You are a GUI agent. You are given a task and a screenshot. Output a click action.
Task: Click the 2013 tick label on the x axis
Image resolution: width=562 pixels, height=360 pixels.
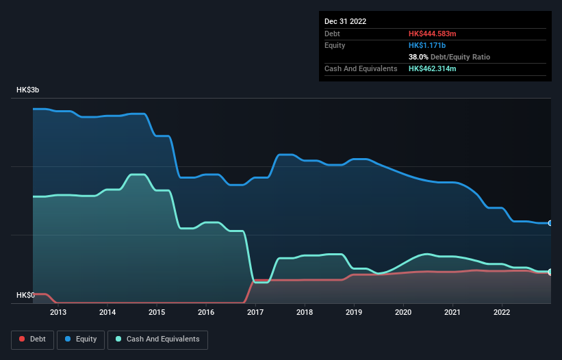(58, 313)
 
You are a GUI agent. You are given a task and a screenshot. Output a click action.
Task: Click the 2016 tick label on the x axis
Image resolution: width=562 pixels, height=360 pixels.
(206, 313)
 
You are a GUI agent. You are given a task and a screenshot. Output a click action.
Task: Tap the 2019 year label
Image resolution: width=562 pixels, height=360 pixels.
(354, 313)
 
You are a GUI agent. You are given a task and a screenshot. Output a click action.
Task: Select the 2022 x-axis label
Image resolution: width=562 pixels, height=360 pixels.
(502, 313)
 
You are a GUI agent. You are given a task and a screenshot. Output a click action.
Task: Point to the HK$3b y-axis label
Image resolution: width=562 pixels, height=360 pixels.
(29, 90)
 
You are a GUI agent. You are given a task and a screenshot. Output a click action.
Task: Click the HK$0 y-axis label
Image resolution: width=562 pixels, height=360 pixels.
(25, 295)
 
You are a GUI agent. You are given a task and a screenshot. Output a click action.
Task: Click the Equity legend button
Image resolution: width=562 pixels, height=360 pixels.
(81, 339)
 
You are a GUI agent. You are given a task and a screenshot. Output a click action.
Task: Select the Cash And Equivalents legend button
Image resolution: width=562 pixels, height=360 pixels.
(157, 339)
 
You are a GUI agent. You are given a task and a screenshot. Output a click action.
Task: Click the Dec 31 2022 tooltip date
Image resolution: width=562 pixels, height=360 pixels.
(346, 21)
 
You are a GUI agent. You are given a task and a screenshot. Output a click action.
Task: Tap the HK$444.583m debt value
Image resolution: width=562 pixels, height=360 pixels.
(433, 34)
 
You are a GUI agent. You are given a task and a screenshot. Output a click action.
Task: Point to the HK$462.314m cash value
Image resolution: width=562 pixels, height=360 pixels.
(433, 69)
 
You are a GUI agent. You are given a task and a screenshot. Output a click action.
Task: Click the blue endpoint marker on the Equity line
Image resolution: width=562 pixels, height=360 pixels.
(550, 223)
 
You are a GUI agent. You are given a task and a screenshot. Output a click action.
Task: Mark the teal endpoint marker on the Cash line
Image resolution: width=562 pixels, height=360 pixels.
(550, 272)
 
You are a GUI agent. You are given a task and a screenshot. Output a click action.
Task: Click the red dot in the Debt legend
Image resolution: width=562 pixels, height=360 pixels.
(22, 339)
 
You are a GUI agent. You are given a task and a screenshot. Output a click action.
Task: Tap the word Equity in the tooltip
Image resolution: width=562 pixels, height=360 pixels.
(335, 45)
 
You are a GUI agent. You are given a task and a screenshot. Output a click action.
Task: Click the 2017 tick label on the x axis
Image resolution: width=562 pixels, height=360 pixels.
(255, 313)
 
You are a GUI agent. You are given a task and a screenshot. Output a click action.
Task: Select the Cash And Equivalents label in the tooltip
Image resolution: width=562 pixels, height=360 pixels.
(361, 69)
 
